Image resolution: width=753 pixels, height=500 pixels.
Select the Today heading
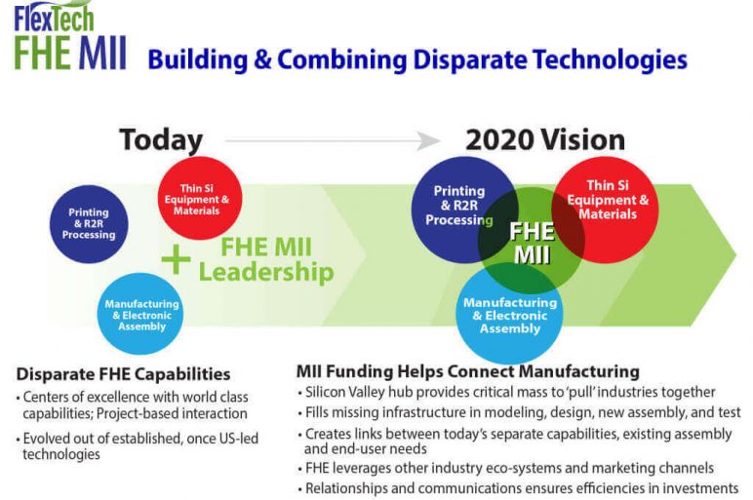[161, 139]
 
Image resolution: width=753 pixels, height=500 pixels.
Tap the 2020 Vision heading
[544, 139]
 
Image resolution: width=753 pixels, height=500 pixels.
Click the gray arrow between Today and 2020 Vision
[332, 141]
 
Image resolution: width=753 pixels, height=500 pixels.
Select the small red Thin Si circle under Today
[198, 198]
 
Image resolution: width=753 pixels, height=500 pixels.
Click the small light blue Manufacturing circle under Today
[141, 314]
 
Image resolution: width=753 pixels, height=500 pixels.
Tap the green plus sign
[176, 259]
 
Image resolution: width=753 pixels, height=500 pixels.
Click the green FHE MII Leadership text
[265, 259]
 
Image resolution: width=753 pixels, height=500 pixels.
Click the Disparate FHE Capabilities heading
[124, 374]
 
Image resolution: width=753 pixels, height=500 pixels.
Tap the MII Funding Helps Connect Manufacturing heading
[467, 371]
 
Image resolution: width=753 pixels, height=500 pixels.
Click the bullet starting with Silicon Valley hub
[510, 392]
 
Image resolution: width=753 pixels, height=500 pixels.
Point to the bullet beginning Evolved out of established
[137, 446]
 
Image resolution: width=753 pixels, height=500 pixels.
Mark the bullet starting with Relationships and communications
[522, 487]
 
